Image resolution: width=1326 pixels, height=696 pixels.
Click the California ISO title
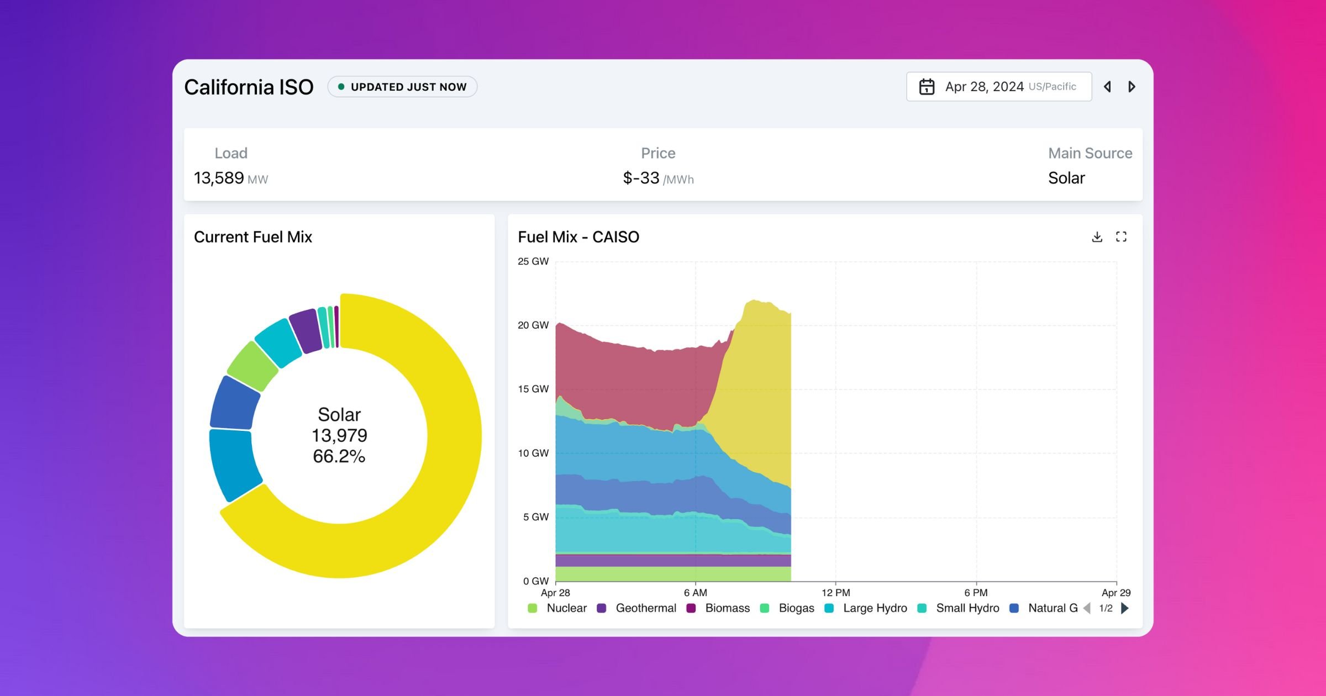click(249, 87)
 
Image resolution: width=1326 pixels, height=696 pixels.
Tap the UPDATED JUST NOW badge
click(402, 87)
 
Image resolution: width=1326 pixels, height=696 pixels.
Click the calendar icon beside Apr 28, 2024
click(927, 87)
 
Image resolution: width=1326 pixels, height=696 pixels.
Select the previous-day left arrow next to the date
click(1107, 87)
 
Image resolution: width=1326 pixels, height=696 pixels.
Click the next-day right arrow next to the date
click(1132, 87)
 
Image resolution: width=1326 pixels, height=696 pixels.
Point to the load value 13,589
click(219, 178)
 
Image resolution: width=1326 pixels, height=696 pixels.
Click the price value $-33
click(641, 178)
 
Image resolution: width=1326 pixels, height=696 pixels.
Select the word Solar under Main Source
click(1066, 178)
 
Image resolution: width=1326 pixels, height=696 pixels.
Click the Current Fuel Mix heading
click(253, 237)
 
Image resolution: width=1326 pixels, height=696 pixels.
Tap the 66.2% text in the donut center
click(339, 456)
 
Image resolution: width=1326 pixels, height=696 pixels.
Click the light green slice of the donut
click(252, 366)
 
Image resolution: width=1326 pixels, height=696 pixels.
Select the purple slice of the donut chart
click(306, 330)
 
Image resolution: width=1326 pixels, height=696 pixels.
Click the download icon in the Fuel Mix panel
click(1097, 237)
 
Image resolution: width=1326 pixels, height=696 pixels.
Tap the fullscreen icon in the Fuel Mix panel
click(1121, 237)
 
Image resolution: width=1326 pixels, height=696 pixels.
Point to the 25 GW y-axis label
click(533, 261)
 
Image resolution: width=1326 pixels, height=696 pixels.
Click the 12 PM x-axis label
click(835, 593)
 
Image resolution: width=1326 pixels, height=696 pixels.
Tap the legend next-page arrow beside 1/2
click(1125, 608)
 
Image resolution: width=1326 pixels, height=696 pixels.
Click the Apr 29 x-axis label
click(1115, 593)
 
